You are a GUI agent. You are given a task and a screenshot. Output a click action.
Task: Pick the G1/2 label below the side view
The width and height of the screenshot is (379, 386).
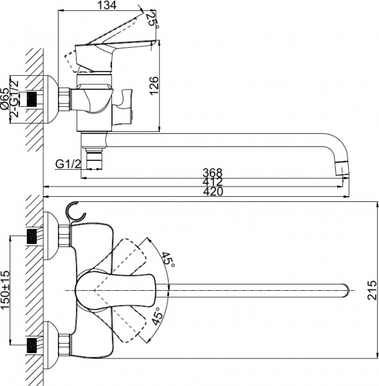[67, 163]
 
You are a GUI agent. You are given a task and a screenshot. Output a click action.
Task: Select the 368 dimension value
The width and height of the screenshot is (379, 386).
[212, 172]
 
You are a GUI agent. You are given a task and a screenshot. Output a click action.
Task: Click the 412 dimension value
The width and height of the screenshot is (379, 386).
[212, 183]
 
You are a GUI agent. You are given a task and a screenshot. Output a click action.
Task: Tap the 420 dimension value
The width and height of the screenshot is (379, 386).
[212, 192]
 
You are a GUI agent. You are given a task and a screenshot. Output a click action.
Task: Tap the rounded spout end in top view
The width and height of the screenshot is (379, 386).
[346, 290]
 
